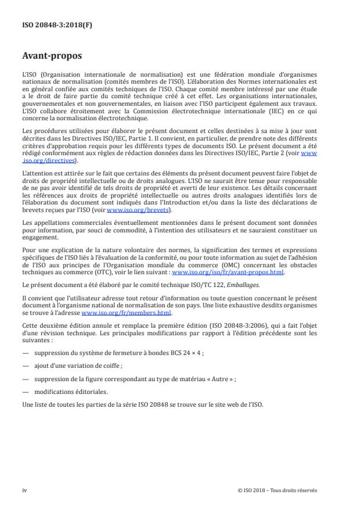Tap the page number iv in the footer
point(24,490)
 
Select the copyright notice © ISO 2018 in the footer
point(278,490)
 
